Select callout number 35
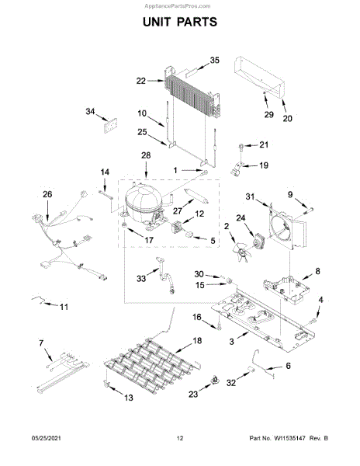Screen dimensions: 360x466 click(x=215, y=60)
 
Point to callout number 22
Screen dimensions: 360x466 click(x=141, y=81)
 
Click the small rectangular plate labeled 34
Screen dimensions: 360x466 click(x=110, y=126)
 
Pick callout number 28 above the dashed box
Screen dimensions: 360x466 click(x=146, y=155)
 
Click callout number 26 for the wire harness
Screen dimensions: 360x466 click(x=47, y=194)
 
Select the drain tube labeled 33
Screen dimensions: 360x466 click(x=167, y=276)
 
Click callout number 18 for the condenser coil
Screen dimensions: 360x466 click(x=197, y=341)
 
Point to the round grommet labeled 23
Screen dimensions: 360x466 click(x=215, y=380)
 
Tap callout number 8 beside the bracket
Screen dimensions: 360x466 click(x=317, y=271)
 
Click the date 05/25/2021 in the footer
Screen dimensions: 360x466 click(x=47, y=438)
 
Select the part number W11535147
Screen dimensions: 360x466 click(x=289, y=438)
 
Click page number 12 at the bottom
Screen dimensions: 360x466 click(x=180, y=438)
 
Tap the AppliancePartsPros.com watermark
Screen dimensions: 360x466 click(x=178, y=6)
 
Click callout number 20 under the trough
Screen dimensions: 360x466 click(x=287, y=118)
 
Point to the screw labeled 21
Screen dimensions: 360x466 click(x=241, y=146)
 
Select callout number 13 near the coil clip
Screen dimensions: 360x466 click(x=128, y=398)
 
